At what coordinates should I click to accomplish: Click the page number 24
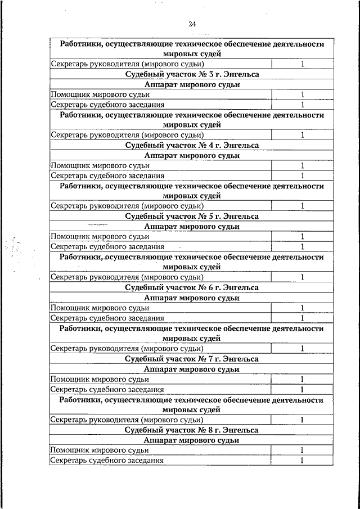[x=192, y=24]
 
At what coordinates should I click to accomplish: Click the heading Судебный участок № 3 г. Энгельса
[x=192, y=74]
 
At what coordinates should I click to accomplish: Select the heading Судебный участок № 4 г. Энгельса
[x=192, y=145]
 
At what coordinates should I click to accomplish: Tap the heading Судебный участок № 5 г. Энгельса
[x=192, y=216]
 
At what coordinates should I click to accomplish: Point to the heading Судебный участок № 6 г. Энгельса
[x=192, y=287]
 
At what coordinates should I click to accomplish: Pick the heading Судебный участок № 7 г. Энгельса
[x=192, y=358]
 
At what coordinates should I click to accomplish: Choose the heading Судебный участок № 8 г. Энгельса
[x=192, y=430]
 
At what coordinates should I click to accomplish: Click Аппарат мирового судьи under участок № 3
[x=192, y=84]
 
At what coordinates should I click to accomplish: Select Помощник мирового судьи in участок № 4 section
[x=100, y=165]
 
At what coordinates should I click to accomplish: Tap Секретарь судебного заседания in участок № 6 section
[x=107, y=318]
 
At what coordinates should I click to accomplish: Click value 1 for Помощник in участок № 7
[x=301, y=379]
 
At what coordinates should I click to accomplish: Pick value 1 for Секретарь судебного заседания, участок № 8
[x=301, y=461]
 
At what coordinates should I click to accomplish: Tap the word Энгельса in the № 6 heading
[x=240, y=287]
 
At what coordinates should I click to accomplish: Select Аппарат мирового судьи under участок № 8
[x=192, y=440]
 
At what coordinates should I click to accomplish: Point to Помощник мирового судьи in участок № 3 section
[x=100, y=94]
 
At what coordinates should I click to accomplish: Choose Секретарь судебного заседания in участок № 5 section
[x=107, y=247]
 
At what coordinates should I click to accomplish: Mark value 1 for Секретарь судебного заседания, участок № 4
[x=301, y=176]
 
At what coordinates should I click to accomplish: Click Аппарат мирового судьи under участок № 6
[x=192, y=298]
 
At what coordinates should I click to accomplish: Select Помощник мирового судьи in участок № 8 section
[x=100, y=450]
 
